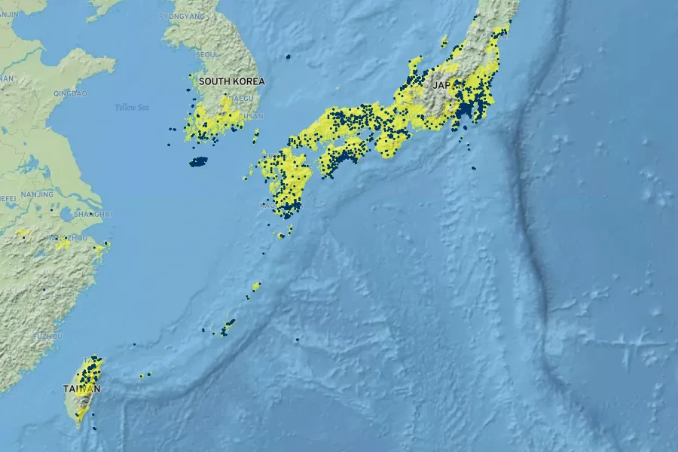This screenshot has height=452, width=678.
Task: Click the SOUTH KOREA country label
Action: point(232,81)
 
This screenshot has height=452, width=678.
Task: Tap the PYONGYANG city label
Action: point(182,15)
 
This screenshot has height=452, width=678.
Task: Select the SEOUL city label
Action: point(207,54)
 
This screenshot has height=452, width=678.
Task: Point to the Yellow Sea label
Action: point(132,107)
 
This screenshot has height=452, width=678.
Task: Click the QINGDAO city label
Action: point(71,93)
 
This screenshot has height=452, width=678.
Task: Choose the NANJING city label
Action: point(37,194)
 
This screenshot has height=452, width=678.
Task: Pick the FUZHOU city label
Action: point(47,335)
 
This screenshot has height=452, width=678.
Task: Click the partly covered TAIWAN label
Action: point(81,389)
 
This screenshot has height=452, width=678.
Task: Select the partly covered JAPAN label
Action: point(441,85)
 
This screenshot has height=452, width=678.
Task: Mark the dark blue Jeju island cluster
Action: point(198,161)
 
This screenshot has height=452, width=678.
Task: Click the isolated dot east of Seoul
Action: point(288,56)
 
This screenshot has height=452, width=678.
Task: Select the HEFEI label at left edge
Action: point(8,198)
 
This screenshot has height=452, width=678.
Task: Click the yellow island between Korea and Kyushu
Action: point(256,136)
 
